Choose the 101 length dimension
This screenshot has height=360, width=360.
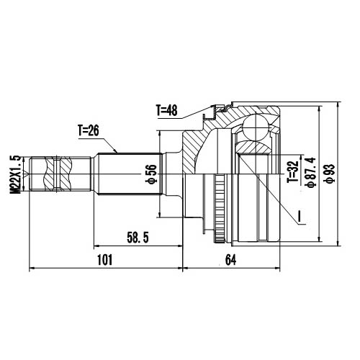click(x=105, y=261)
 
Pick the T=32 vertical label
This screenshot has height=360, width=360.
click(x=292, y=173)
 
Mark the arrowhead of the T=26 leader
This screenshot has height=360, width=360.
click(x=118, y=152)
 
